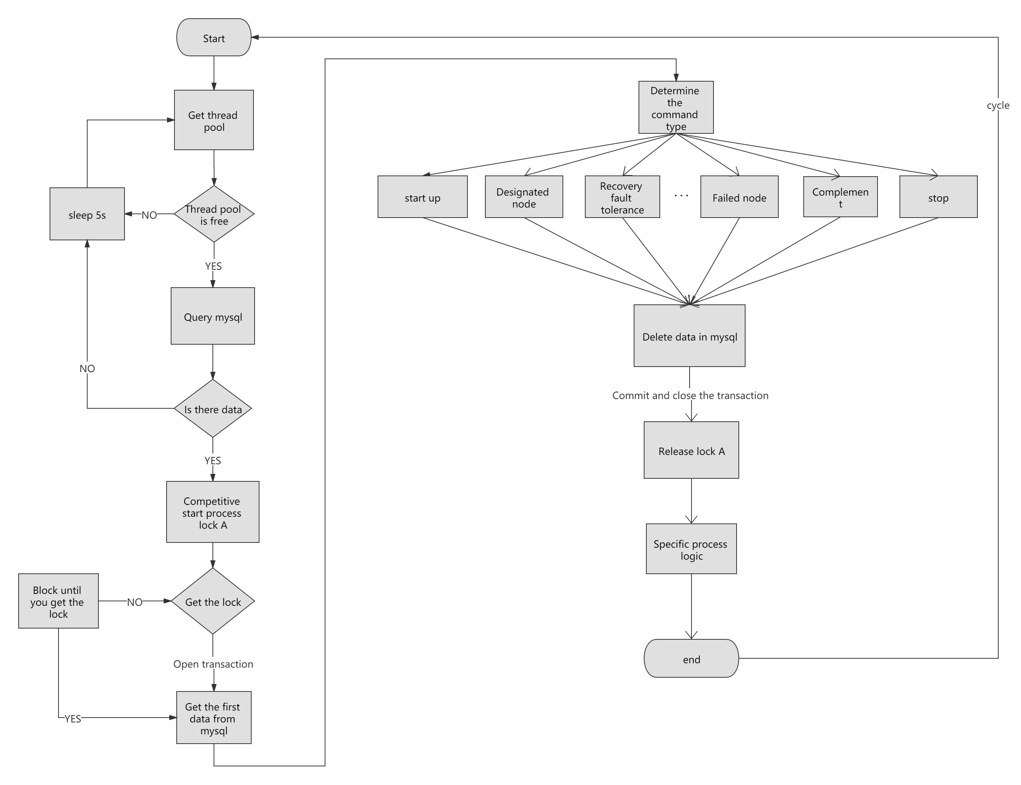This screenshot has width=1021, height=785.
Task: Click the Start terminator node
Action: coord(214,38)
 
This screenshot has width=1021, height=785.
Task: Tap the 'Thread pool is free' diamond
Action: coord(214,215)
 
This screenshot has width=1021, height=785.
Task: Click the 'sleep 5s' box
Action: coord(87,215)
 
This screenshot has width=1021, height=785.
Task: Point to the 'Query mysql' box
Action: coord(213,316)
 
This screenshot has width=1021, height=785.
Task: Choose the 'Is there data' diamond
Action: coord(213,409)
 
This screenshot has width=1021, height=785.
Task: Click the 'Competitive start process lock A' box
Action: coord(213,512)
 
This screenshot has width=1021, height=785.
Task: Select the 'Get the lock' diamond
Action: coord(213,601)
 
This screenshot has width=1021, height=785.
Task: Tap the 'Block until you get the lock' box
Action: coord(58,601)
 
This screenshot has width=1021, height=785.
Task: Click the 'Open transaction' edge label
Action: coord(213,664)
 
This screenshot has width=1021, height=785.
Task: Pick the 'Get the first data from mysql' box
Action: coord(214,718)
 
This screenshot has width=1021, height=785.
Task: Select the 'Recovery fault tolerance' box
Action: coord(622,197)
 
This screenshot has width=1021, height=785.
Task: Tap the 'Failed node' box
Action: coord(739,197)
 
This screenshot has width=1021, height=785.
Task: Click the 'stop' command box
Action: coord(938,197)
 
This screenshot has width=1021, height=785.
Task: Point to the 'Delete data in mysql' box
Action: coord(690,336)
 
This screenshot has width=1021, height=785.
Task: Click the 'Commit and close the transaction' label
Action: coord(690,395)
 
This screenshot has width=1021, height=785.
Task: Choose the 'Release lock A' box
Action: coord(691,450)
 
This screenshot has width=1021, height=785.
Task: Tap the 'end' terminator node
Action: coord(691,659)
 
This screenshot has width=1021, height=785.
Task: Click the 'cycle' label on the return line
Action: coord(998,105)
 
